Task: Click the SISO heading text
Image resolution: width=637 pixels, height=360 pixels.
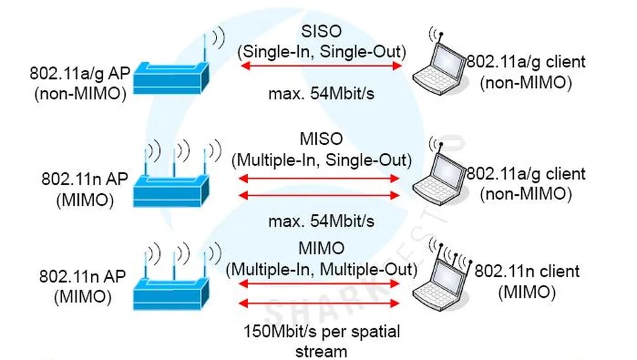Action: pyautogui.click(x=321, y=30)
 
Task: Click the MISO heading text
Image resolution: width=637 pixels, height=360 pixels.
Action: pyautogui.click(x=321, y=140)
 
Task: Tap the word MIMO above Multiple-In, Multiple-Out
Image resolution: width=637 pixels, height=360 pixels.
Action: pyautogui.click(x=321, y=249)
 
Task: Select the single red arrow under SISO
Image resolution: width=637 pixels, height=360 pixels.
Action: pyautogui.click(x=322, y=67)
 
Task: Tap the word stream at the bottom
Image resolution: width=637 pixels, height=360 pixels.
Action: pyautogui.click(x=321, y=351)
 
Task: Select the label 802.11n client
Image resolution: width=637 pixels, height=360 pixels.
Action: pyautogui.click(x=527, y=271)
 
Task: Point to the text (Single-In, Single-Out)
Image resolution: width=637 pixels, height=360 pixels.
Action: pyautogui.click(x=321, y=51)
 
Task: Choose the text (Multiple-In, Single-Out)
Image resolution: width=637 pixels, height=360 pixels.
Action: pyautogui.click(x=321, y=160)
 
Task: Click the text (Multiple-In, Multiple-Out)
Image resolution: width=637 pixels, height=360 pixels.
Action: pyautogui.click(x=321, y=269)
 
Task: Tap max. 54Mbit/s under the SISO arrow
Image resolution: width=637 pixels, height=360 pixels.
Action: pyautogui.click(x=321, y=95)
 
